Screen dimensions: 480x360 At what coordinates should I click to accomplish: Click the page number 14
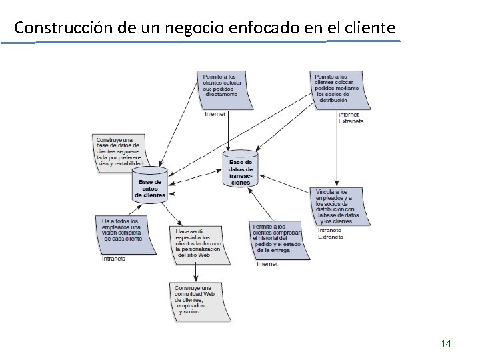[446, 343]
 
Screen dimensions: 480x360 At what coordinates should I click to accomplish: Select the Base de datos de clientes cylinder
[150, 185]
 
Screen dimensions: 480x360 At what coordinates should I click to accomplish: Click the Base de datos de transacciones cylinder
[241, 169]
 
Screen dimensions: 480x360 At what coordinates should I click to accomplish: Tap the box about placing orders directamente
[224, 89]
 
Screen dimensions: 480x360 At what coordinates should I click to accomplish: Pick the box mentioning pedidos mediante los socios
[341, 89]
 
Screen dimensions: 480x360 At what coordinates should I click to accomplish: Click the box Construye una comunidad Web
[195, 299]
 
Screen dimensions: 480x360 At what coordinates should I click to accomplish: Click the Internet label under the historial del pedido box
[267, 264]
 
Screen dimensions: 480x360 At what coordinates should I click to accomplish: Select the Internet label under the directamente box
[215, 114]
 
